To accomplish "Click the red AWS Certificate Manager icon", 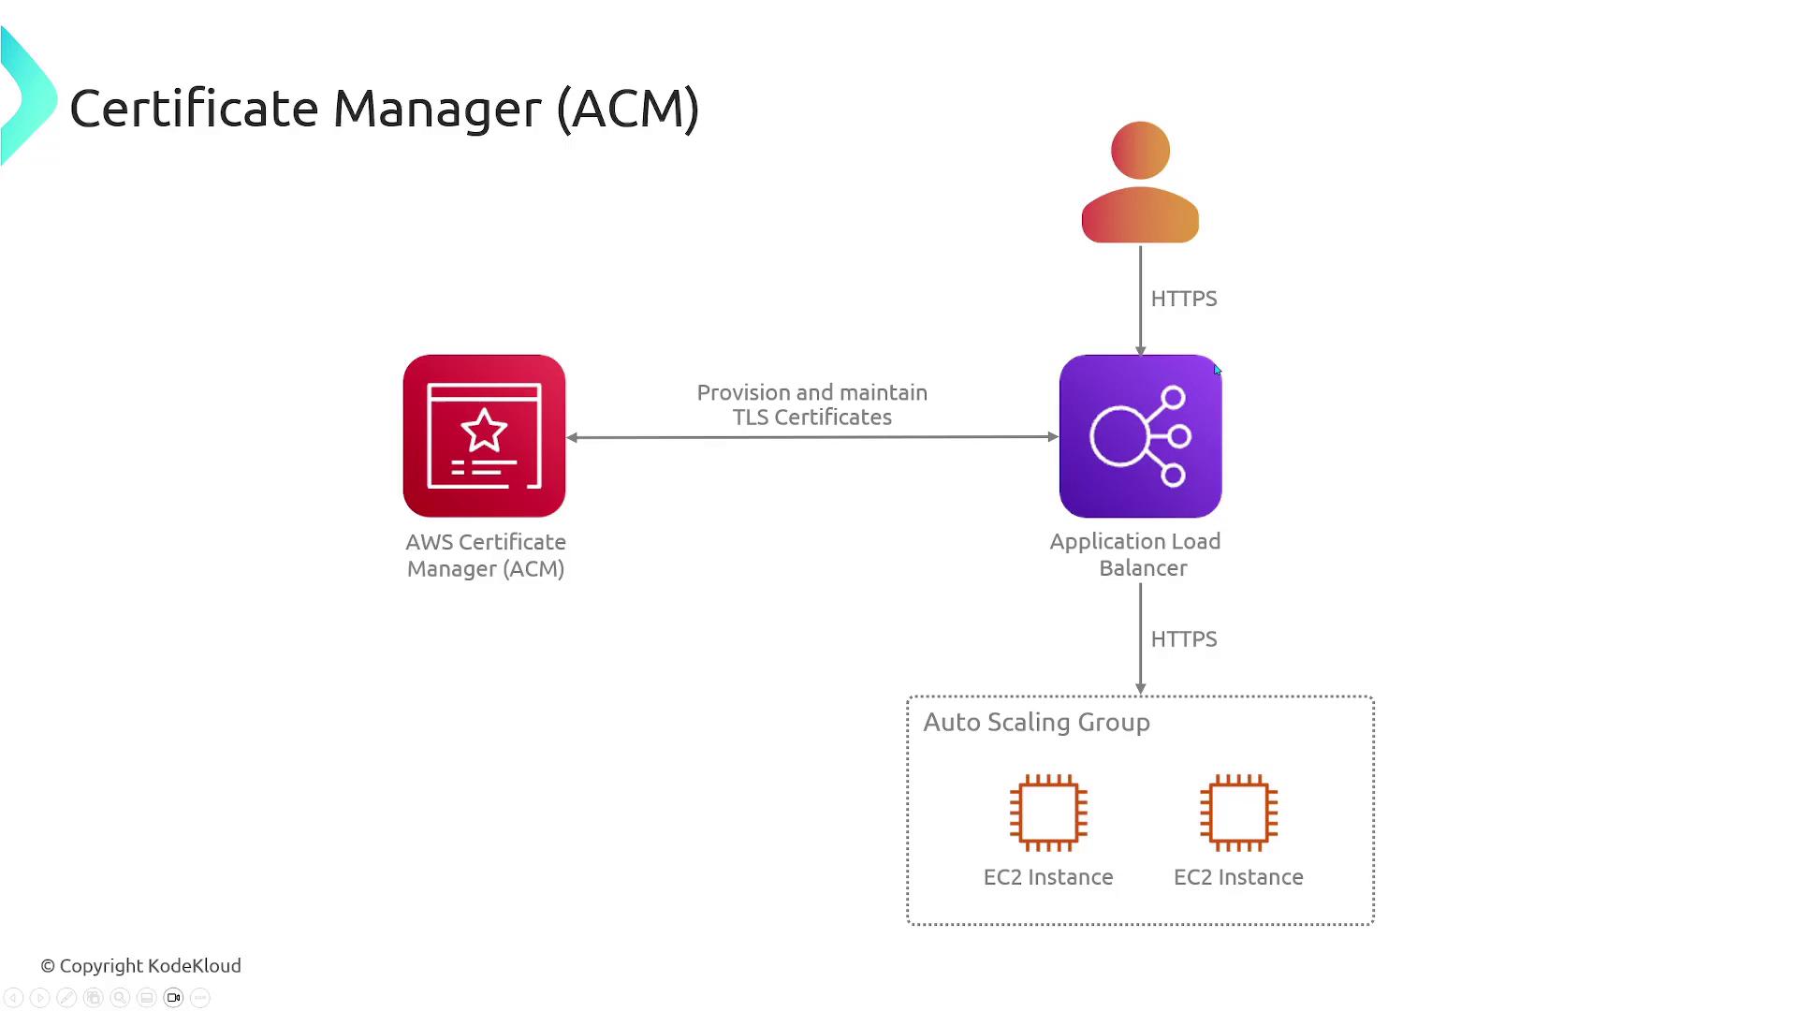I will (484, 435).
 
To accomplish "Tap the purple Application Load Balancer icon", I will (1140, 435).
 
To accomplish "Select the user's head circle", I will (1140, 150).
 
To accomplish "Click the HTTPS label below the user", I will (1183, 299).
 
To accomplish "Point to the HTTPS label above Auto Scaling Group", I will (1183, 639).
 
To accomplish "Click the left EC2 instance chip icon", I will (1048, 813).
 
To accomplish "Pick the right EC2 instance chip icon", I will (1238, 813).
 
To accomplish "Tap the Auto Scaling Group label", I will (1036, 723).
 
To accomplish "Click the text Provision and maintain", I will (811, 393).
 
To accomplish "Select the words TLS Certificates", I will (811, 418).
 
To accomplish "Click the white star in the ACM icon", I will (484, 431).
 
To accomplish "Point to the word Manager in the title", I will (436, 109).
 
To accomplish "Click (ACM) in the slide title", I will (627, 109).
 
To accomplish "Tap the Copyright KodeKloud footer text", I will (140, 966).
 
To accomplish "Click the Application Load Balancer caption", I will (1135, 554).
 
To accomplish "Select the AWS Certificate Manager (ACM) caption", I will (486, 555).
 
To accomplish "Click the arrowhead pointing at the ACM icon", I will (572, 437).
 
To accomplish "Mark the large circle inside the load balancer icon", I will (1118, 436).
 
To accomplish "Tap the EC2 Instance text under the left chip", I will (1048, 877).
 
